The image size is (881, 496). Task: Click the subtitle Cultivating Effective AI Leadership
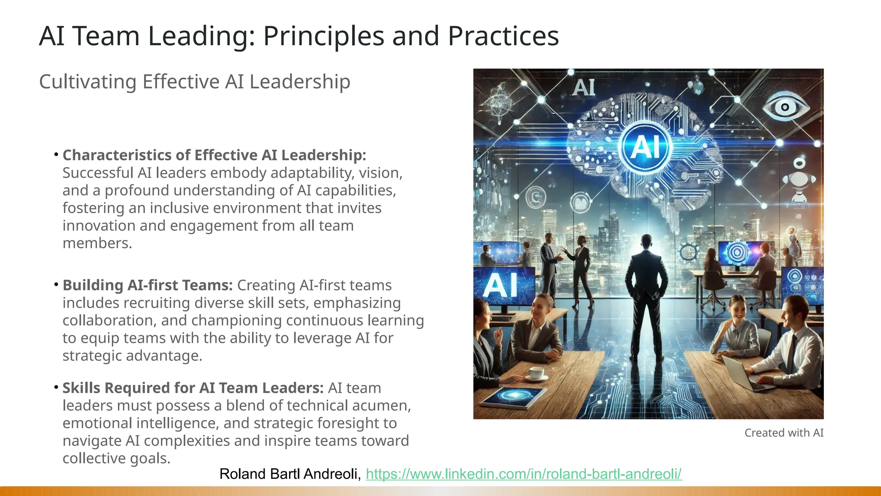pos(194,81)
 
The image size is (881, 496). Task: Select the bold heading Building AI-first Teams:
pos(148,285)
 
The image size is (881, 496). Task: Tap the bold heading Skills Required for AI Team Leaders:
pos(193,388)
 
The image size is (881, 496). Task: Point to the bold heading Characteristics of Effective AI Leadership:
pos(214,155)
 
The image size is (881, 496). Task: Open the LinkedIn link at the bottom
pos(524,474)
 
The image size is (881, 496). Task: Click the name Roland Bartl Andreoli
pos(290,474)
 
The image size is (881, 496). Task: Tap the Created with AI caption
pos(784,433)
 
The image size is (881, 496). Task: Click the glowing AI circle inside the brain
pos(645,146)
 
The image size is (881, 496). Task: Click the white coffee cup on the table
pos(536,373)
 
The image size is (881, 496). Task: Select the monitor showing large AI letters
pos(503,285)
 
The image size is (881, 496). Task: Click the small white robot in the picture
pos(799,181)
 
